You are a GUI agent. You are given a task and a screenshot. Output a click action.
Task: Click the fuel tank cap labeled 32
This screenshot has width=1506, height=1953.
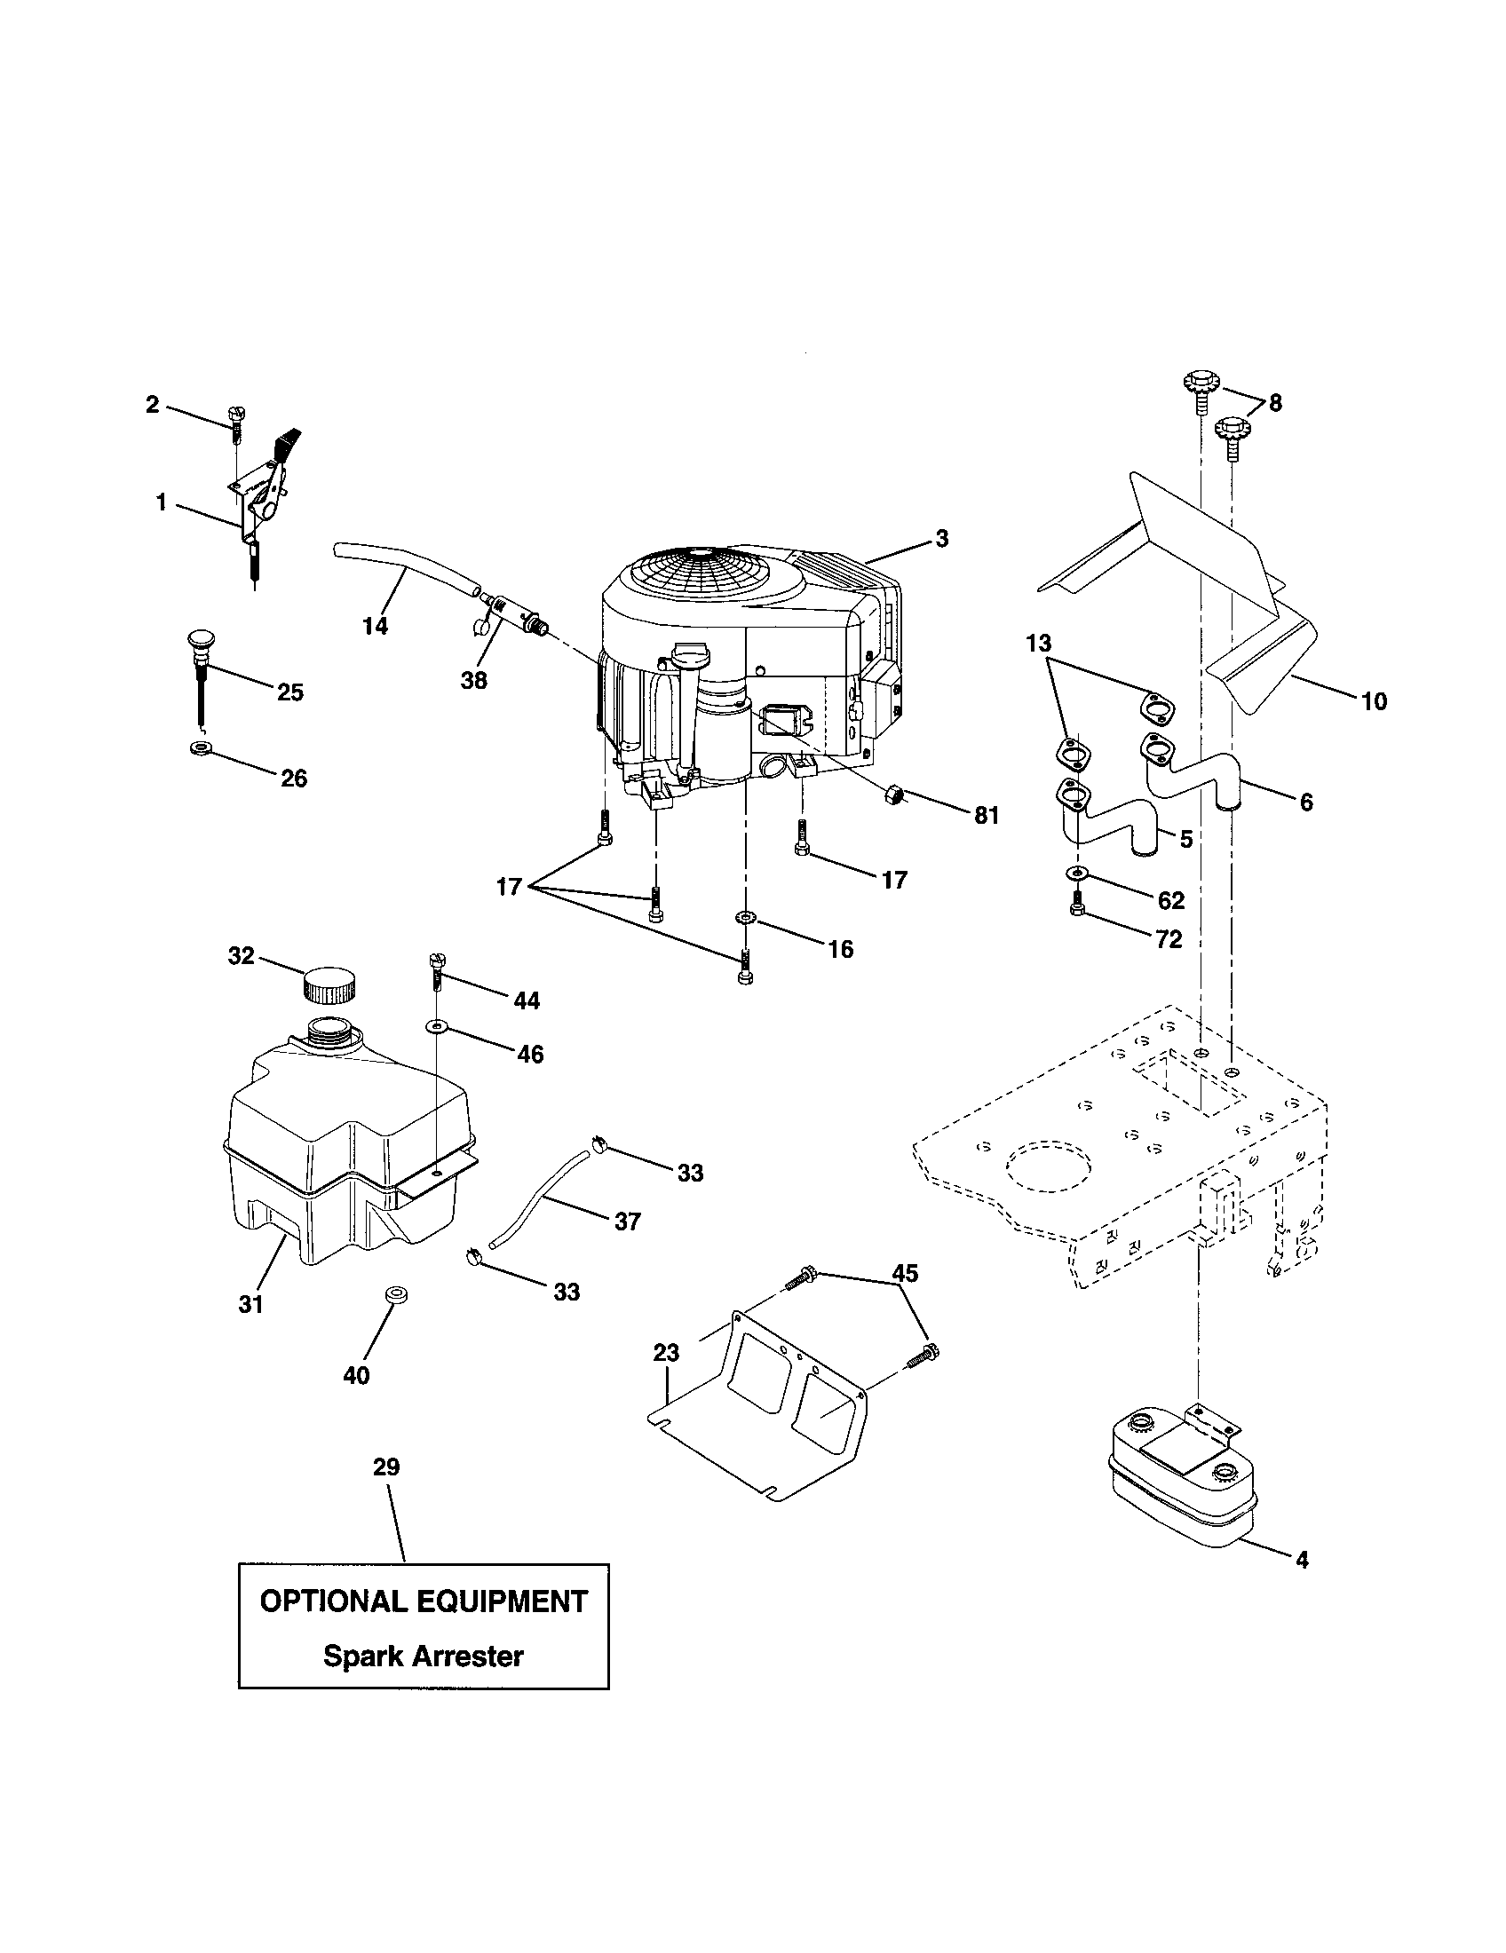coord(329,984)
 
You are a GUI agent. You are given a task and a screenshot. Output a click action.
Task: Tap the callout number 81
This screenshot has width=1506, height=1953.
coord(987,815)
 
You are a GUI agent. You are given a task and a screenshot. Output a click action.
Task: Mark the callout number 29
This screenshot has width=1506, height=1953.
coord(386,1467)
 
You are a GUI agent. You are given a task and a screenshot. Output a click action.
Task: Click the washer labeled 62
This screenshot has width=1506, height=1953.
coord(1077,873)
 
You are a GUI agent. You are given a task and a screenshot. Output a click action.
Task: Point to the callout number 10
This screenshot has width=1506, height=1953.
coord(1374,701)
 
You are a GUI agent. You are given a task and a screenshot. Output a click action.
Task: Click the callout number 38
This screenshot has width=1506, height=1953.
coord(473,680)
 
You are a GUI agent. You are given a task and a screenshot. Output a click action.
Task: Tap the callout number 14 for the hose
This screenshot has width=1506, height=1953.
coord(376,626)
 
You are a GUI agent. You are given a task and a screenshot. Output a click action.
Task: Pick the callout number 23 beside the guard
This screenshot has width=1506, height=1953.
coord(666,1353)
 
